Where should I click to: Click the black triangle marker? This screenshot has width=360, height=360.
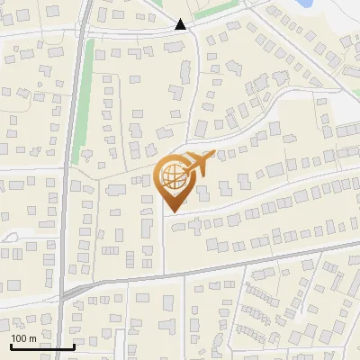click(x=181, y=24)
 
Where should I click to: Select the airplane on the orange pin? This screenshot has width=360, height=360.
click(x=196, y=164)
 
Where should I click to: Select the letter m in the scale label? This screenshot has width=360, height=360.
click(x=32, y=337)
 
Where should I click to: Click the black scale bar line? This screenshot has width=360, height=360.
click(x=42, y=346)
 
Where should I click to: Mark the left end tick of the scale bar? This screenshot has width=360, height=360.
click(x=11, y=345)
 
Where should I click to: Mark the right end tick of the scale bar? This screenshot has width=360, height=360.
click(x=74, y=345)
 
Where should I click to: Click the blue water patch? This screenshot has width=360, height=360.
click(x=303, y=4)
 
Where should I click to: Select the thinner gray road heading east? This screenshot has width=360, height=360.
click(x=225, y=266)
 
